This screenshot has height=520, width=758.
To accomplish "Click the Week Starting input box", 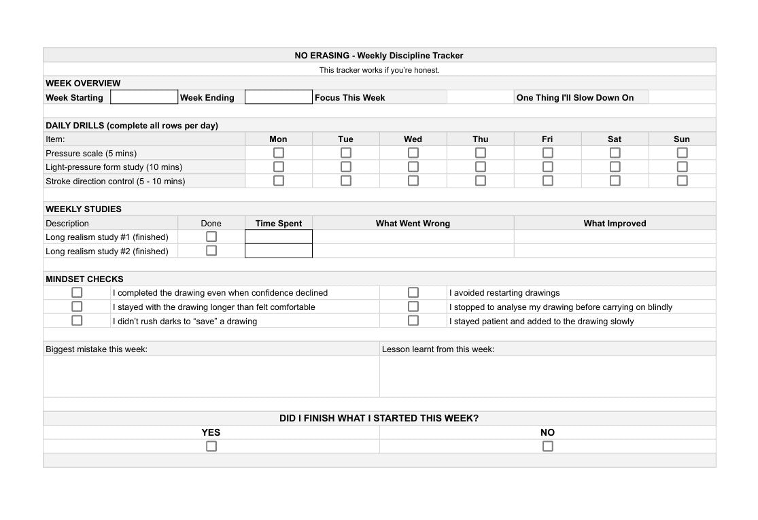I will pyautogui.click(x=144, y=97).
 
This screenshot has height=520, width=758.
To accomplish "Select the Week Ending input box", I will pyautogui.click(x=278, y=97).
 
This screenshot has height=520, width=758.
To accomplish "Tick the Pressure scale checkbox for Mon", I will pyautogui.click(x=279, y=153).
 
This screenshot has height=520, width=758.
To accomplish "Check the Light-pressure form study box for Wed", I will pyautogui.click(x=413, y=167).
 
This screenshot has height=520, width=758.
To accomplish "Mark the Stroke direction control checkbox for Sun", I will pyautogui.click(x=682, y=181).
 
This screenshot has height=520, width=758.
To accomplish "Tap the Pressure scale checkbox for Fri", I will pyautogui.click(x=548, y=153).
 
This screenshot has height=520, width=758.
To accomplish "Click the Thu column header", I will pyautogui.click(x=481, y=139).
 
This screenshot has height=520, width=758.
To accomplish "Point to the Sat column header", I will pyautogui.click(x=615, y=139).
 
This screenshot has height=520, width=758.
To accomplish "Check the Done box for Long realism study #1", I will pyautogui.click(x=211, y=237).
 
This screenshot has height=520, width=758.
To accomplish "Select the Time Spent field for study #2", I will pyautogui.click(x=278, y=251).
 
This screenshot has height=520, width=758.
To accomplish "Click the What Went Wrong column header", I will pyautogui.click(x=413, y=223).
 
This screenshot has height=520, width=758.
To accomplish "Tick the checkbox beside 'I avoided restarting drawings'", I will pyautogui.click(x=413, y=292).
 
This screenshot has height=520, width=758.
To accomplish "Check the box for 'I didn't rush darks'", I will pyautogui.click(x=77, y=320).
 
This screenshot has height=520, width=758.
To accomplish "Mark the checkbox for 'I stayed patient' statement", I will pyautogui.click(x=413, y=320).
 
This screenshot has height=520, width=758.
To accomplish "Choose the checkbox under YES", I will pyautogui.click(x=211, y=446).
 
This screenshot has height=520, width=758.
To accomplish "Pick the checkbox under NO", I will pyautogui.click(x=548, y=446).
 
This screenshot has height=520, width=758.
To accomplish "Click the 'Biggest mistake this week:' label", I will pyautogui.click(x=97, y=349).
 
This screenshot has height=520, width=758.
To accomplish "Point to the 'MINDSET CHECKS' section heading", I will pyautogui.click(x=84, y=279).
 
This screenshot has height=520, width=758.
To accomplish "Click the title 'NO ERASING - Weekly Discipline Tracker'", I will pyautogui.click(x=379, y=56).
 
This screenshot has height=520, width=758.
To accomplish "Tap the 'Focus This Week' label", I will pyautogui.click(x=349, y=98).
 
